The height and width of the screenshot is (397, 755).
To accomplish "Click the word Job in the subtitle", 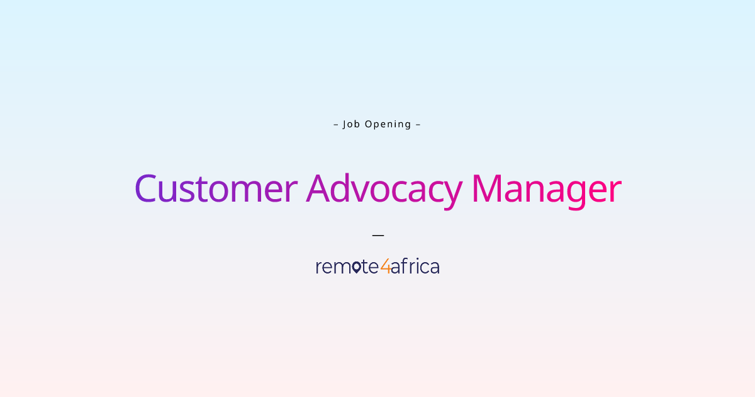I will click(351, 124).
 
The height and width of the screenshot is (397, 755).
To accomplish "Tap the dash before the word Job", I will click(336, 124).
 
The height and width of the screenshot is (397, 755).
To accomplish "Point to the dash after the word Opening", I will click(418, 124).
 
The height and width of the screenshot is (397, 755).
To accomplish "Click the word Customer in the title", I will click(216, 188).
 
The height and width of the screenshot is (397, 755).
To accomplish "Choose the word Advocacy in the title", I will click(384, 188).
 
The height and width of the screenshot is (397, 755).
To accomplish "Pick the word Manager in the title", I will click(546, 188).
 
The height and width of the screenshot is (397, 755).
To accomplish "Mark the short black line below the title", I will click(377, 235).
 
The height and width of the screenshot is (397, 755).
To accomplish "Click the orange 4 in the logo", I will click(385, 267).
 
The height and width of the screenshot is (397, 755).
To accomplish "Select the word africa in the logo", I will click(415, 267).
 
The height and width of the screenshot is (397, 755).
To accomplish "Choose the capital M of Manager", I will click(488, 188).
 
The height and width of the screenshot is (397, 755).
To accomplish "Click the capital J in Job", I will click(345, 124).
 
